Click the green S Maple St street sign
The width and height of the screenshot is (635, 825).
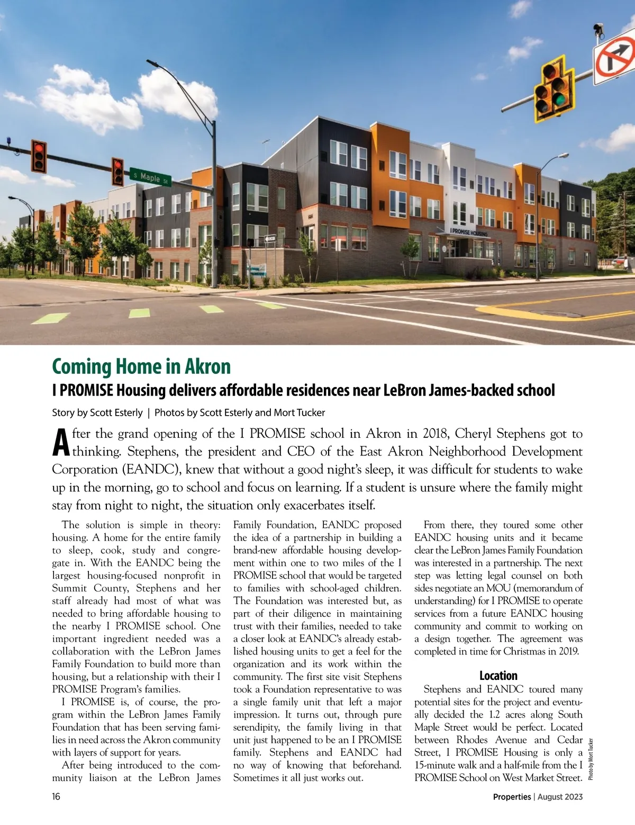click(x=150, y=178)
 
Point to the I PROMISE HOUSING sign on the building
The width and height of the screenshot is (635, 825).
click(x=469, y=232)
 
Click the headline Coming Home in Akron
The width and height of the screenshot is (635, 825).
click(x=141, y=366)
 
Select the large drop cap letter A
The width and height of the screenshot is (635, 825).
click(x=61, y=443)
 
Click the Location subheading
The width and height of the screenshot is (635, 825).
click(x=498, y=676)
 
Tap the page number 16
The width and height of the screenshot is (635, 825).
click(x=56, y=796)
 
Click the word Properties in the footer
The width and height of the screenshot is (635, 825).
click(x=512, y=797)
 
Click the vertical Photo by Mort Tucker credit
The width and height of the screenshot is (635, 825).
click(x=591, y=759)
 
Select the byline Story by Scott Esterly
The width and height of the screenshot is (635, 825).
click(x=97, y=412)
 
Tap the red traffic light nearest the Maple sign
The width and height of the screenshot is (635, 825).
click(x=117, y=171)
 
